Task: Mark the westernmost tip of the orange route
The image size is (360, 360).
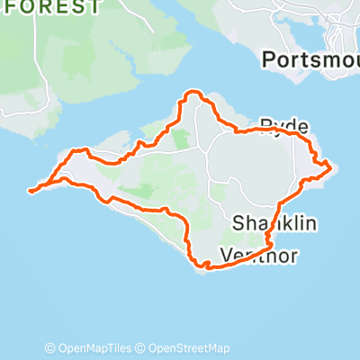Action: (30, 191)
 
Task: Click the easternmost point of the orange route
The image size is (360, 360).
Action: (331, 166)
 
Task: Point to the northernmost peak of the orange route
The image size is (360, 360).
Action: (191, 92)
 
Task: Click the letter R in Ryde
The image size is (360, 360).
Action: (265, 124)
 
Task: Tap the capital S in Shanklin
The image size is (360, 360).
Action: (238, 222)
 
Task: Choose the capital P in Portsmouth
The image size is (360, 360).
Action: (267, 59)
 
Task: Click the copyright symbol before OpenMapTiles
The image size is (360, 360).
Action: (50, 348)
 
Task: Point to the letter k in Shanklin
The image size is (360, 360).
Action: (285, 222)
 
